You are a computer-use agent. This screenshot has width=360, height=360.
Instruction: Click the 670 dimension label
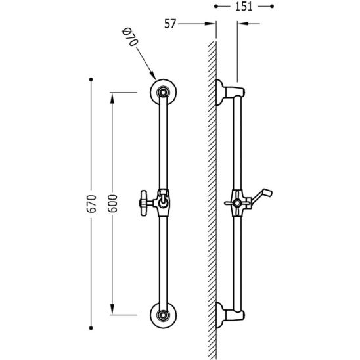click(92, 204)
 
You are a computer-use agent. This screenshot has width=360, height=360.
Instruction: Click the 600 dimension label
click(113, 204)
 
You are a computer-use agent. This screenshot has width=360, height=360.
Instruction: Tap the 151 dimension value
click(244, 6)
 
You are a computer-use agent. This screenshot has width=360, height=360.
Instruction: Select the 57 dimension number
click(170, 24)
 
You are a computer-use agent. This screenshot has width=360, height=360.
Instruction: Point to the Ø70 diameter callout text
click(130, 37)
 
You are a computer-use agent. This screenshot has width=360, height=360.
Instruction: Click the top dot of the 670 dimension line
click(91, 79)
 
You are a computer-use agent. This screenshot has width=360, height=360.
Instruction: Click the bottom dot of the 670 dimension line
click(91, 328)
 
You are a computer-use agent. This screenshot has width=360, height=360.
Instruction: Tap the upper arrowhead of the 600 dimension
click(112, 98)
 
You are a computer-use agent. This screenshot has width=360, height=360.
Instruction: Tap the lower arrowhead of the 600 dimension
click(112, 309)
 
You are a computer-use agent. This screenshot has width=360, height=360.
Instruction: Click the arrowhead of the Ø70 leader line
click(153, 76)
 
